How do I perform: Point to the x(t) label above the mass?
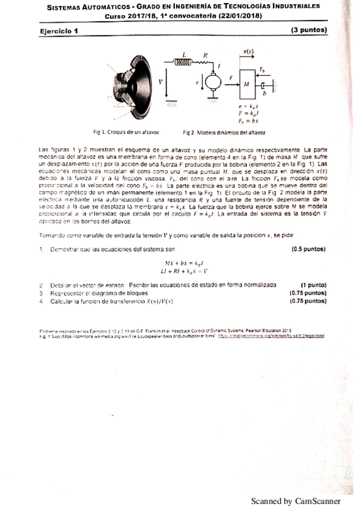tap(248, 52)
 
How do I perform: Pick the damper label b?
tap(264, 94)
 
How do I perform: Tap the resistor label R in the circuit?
tap(206, 54)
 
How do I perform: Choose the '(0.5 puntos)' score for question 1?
tap(308, 248)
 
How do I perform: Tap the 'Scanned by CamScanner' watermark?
tap(296, 501)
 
